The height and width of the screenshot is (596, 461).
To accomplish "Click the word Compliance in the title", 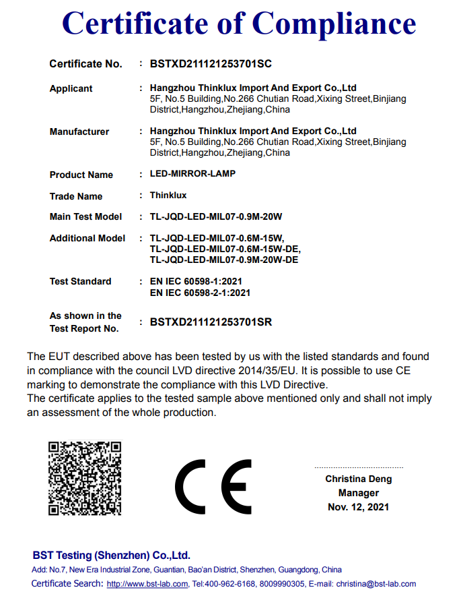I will click(x=334, y=24).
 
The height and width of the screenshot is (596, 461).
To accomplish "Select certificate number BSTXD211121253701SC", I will click(x=211, y=64).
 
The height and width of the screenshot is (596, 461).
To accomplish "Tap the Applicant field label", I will click(x=71, y=88).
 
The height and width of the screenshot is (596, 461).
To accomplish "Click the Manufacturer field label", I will click(x=79, y=131).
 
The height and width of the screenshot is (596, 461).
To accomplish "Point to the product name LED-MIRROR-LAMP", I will click(x=192, y=174).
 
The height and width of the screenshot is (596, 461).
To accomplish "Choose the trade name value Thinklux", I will click(x=168, y=196).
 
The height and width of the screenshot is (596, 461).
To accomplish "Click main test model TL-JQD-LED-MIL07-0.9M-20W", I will click(x=215, y=217).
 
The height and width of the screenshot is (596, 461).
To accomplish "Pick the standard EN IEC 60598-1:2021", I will click(x=196, y=281).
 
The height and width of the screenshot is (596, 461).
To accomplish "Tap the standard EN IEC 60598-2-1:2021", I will click(x=200, y=293).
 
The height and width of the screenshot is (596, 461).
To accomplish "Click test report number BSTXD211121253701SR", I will click(x=211, y=322).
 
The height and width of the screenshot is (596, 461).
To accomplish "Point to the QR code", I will click(x=85, y=479).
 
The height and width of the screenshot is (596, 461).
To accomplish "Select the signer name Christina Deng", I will click(x=359, y=479).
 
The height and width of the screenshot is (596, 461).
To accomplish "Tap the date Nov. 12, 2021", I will click(x=359, y=506).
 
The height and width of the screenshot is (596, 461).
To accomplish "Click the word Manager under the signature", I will click(x=359, y=493).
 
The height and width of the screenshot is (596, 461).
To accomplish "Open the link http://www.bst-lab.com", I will click(x=147, y=584).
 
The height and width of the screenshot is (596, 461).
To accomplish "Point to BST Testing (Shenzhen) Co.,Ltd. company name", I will click(x=112, y=556).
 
